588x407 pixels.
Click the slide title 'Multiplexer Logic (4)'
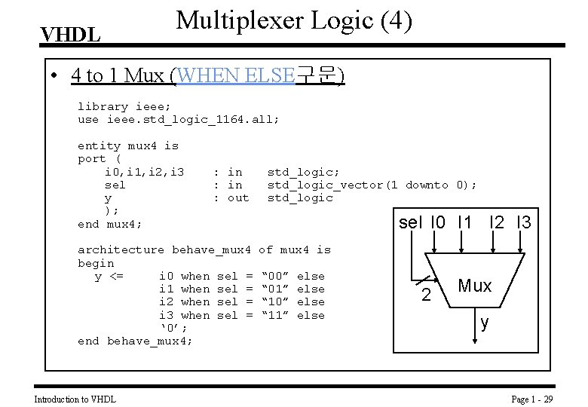294,20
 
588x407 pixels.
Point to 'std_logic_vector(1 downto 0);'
372,185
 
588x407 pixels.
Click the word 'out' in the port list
237,197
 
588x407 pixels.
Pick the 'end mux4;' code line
110,224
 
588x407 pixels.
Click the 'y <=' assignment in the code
109,276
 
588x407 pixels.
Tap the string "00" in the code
280,276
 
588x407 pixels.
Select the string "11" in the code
280,315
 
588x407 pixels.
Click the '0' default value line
173,328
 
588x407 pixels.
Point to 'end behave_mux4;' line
135,341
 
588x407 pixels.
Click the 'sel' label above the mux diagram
411,222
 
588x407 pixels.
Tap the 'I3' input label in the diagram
523,222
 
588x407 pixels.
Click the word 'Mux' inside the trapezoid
475,286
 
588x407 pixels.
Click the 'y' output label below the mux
485,322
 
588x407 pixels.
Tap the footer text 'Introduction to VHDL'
75,399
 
